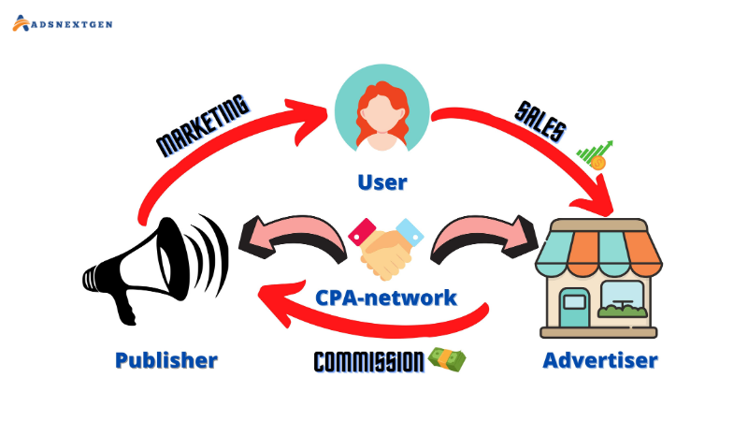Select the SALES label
click(539, 123)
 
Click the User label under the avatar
click(382, 181)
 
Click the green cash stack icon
click(447, 359)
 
